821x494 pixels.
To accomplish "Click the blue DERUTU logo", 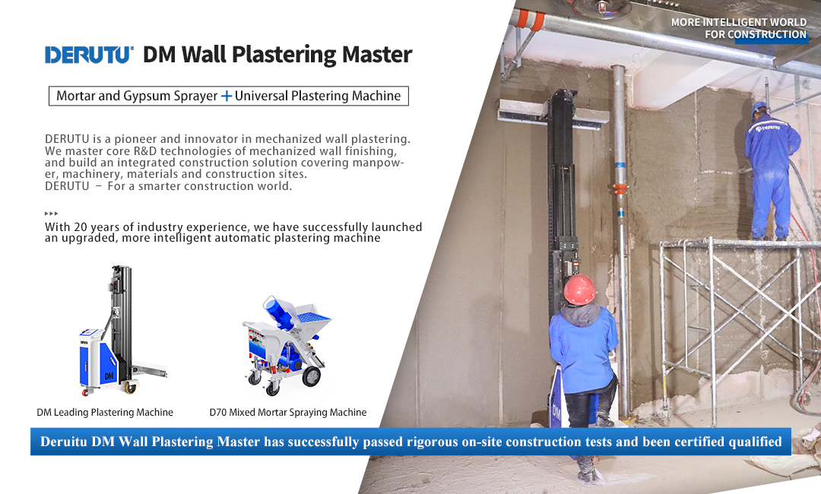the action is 88,55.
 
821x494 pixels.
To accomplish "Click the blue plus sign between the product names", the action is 227,96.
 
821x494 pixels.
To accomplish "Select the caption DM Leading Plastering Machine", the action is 105,413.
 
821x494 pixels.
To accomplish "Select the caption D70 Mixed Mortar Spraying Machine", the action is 288,413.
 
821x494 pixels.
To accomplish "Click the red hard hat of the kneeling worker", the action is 579,290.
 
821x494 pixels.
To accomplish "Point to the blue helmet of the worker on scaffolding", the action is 759,109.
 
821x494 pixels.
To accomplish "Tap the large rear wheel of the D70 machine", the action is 311,376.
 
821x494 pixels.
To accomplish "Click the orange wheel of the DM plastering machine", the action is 129,388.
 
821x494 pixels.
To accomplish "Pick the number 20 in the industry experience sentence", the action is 80,227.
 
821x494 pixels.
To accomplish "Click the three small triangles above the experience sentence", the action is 52,214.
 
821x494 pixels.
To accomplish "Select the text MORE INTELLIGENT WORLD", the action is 739,22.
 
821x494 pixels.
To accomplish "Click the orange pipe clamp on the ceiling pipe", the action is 529,20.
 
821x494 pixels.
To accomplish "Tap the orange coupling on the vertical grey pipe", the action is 620,188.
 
